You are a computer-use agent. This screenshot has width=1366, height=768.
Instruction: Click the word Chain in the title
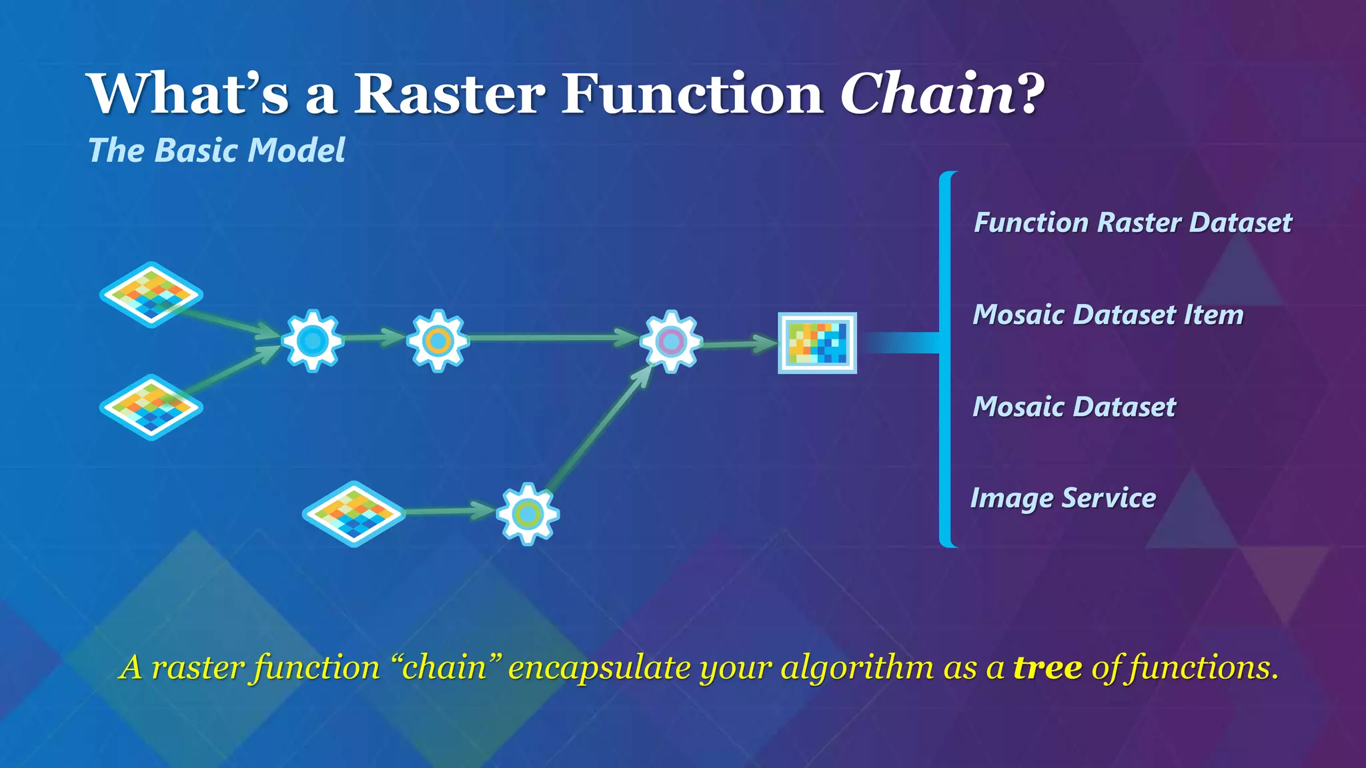pos(927,94)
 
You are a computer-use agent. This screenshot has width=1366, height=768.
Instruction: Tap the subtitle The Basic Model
pos(217,150)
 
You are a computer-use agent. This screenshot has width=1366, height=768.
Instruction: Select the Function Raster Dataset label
pos(1132,223)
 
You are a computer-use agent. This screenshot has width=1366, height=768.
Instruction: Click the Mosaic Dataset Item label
pos(1107,315)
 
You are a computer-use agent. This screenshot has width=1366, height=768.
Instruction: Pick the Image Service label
pos(1063,498)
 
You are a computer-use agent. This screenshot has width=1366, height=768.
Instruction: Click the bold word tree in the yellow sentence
pos(1047,667)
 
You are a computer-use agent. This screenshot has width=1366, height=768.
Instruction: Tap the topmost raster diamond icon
pos(151,294)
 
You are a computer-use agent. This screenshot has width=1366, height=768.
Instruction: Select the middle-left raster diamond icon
pos(151,407)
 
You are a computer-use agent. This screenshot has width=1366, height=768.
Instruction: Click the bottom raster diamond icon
pos(354,513)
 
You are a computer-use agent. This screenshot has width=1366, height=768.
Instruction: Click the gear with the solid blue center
pos(312,341)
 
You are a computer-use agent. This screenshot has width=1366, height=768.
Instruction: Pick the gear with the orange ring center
pos(438,341)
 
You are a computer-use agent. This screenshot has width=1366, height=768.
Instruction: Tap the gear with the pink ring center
pos(670,341)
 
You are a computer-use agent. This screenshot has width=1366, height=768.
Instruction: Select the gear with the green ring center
pos(528,514)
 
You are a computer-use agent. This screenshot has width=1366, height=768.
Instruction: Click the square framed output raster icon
pos(817,343)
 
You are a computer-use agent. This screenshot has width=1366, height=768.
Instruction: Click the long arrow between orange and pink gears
pos(554,338)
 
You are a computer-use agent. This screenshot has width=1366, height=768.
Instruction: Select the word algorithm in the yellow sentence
pos(857,667)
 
